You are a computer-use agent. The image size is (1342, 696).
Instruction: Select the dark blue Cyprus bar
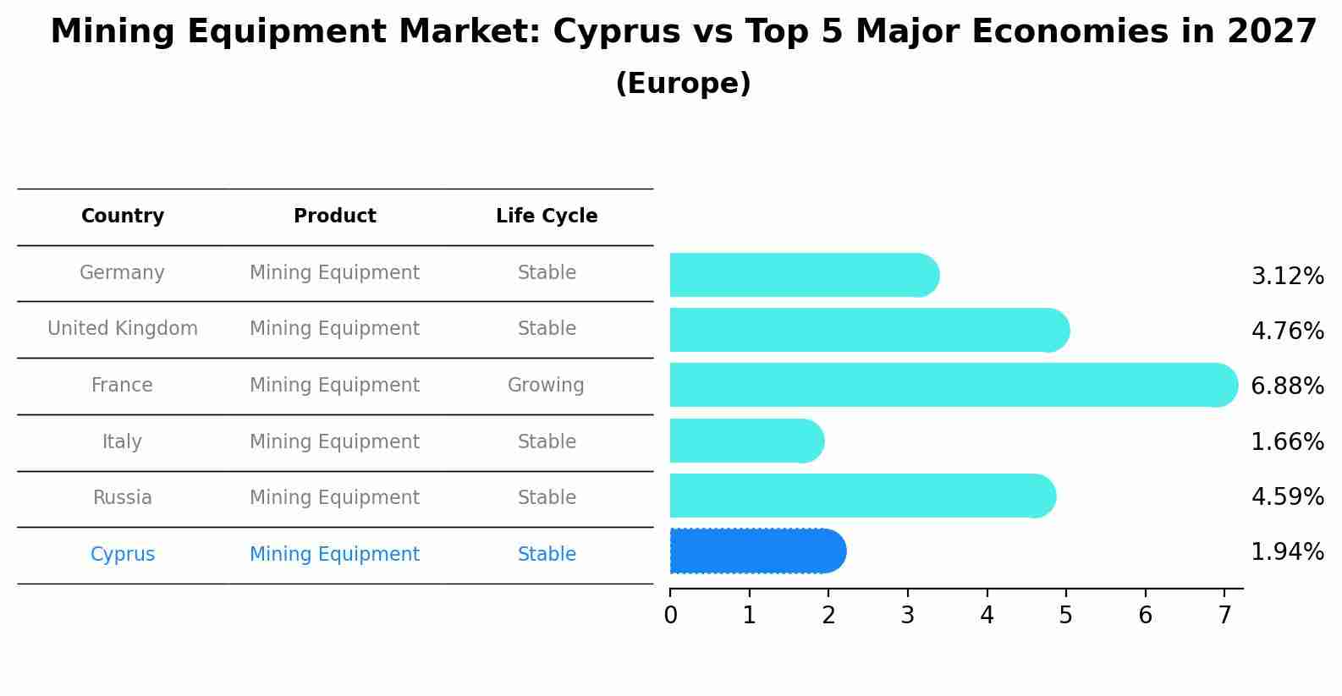757,551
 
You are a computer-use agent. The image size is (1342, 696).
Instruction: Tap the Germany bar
804,275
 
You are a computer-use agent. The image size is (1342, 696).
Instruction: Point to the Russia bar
862,496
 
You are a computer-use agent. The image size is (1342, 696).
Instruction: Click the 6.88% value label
1287,386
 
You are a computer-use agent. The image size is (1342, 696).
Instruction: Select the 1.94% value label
1287,552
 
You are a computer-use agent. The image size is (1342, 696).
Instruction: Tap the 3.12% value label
1287,276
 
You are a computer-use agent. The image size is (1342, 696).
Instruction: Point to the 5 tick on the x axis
1066,615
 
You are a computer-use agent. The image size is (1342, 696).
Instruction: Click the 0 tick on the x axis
670,615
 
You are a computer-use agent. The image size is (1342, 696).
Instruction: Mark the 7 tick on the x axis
1224,615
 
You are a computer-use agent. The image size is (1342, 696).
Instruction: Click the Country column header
123,216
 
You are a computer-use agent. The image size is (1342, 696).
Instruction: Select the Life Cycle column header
547,216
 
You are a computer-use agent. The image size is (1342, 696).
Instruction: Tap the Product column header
335,216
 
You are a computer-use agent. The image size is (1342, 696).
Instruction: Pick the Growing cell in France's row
546,386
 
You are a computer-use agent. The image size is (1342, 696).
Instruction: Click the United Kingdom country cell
123,329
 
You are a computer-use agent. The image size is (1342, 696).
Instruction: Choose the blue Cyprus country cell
123,555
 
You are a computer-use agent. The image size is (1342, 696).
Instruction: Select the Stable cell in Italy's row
547,441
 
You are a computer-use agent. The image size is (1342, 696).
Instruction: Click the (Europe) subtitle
683,84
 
